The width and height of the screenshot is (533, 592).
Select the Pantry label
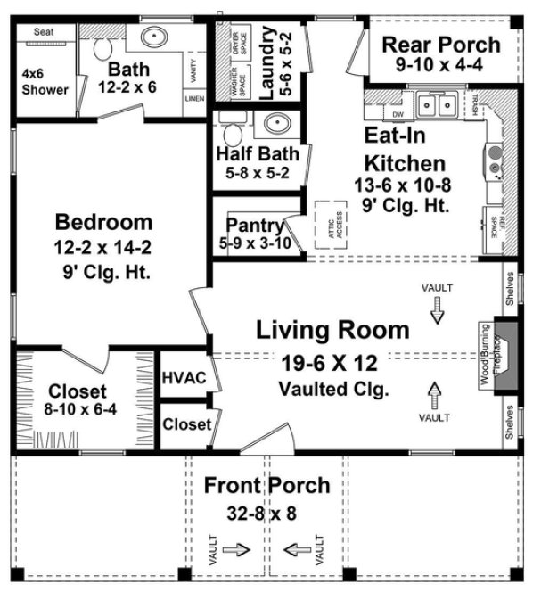coord(254,224)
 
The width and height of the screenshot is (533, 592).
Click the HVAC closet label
coord(184,377)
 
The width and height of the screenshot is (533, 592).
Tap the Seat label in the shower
coord(44,32)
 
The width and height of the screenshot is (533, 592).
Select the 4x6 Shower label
coord(44,81)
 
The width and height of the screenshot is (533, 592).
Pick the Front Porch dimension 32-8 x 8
coord(266,514)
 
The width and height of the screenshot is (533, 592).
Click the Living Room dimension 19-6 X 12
coord(332,363)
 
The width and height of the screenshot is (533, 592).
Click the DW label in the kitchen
coord(398,114)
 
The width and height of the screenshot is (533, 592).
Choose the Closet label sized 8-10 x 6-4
coord(78,391)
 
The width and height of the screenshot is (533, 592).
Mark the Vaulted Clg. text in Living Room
coord(332,389)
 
